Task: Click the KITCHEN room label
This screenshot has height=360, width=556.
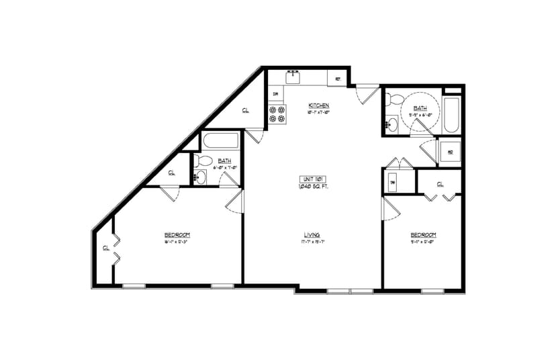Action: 318,105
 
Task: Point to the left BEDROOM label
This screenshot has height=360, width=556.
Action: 177,234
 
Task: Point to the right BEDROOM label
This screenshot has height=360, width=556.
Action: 423,234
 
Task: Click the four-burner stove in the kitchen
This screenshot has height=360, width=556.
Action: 277,114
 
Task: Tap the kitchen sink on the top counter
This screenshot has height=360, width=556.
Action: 293,77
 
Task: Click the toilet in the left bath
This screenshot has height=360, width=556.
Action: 205,161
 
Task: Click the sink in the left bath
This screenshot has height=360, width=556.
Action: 199,177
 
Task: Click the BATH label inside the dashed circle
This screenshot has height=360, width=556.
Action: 420,108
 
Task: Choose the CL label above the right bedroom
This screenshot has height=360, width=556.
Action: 441,183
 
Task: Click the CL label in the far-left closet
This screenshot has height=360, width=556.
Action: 106,249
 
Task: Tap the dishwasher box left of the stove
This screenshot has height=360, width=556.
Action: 275,94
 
